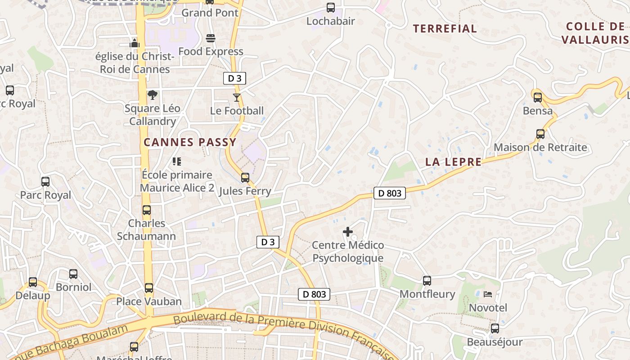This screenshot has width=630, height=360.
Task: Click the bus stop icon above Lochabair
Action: [x=331, y=7]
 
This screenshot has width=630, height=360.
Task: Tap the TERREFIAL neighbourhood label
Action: [x=445, y=29]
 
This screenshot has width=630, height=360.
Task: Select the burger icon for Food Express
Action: [x=211, y=38]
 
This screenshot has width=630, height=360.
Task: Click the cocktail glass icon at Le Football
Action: [x=237, y=97]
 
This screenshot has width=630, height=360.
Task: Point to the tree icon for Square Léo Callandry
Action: [x=153, y=95]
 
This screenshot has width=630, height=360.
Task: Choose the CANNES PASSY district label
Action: [x=190, y=143]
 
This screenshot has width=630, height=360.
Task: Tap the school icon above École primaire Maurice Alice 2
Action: [x=177, y=161]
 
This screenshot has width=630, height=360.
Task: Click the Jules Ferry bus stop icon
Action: [x=245, y=178]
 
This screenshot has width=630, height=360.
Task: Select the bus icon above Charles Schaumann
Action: [x=147, y=210]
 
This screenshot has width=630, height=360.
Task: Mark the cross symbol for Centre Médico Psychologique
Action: [x=348, y=232]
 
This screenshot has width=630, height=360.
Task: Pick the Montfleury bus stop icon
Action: [x=427, y=281]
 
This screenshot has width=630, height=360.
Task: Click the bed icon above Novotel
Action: [x=488, y=295]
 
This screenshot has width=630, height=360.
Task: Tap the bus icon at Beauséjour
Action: [x=495, y=328]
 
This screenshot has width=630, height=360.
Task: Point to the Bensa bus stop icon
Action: [x=538, y=97]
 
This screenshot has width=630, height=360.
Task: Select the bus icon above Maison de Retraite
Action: [x=540, y=134]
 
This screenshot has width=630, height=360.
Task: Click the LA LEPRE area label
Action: [x=453, y=162]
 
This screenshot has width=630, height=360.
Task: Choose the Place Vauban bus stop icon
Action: [x=149, y=288]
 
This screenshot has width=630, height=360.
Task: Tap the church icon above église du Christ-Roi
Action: [x=135, y=44]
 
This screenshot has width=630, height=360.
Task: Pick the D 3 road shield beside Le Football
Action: [x=234, y=78]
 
